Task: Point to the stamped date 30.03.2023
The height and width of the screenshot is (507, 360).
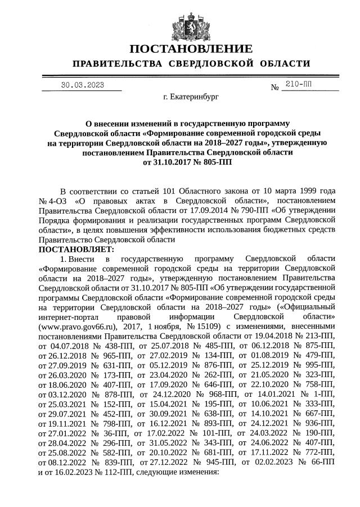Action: (x=83, y=85)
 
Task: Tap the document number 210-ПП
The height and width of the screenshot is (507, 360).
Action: (x=298, y=84)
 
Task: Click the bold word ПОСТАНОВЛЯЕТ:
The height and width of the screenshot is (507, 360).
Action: (x=76, y=249)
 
